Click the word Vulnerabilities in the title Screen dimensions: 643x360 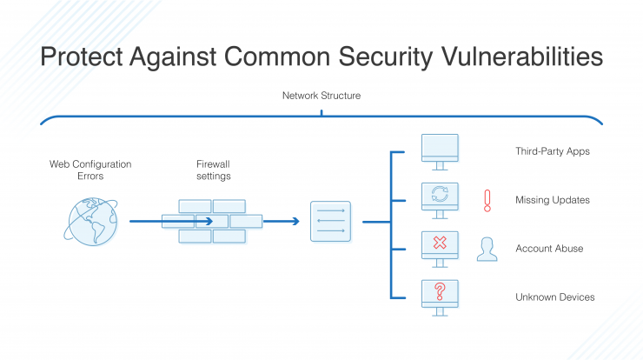click(522, 57)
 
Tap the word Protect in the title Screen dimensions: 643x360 click(81, 57)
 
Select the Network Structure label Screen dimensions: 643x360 click(321, 96)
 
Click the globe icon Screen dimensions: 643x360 click(91, 222)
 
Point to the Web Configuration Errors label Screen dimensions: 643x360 click(90, 170)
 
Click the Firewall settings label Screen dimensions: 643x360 click(213, 170)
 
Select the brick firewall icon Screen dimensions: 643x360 click(212, 222)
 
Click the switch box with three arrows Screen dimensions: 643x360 click(330, 222)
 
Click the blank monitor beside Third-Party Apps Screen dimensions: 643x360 click(440, 152)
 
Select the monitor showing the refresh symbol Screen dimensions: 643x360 click(440, 201)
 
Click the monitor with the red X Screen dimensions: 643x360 click(440, 250)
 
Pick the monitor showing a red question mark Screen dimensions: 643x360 click(440, 298)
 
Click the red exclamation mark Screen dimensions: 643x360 click(487, 201)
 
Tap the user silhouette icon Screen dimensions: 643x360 click(487, 250)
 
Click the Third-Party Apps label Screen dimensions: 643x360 click(553, 151)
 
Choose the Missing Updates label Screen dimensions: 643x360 click(553, 200)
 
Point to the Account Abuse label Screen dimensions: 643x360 click(549, 249)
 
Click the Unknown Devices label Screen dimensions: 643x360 click(555, 297)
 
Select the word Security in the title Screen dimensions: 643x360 click(386, 57)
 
